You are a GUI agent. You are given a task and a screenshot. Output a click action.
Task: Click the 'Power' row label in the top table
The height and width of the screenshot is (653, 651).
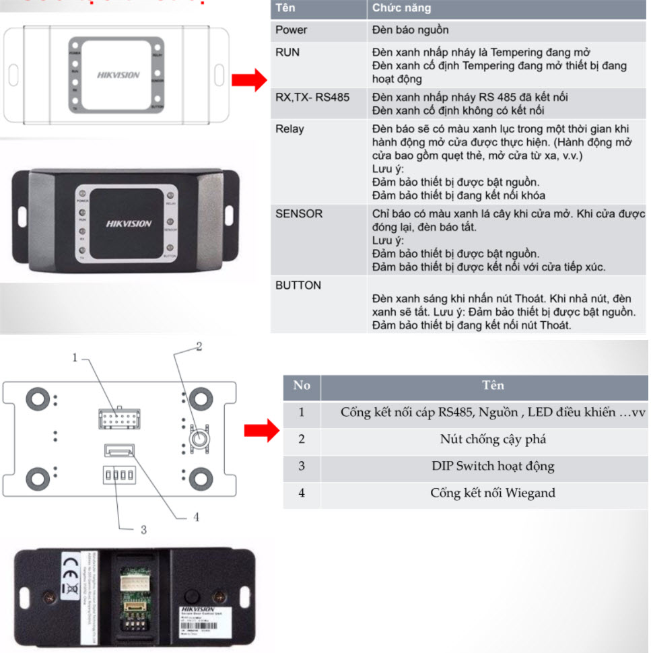click(x=291, y=30)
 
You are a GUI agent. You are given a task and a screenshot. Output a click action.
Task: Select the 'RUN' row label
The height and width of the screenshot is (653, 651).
click(x=287, y=52)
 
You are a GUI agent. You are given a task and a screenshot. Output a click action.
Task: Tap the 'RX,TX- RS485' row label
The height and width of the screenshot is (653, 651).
click(x=312, y=97)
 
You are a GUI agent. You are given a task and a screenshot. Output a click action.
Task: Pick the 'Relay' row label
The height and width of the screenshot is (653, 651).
click(x=289, y=129)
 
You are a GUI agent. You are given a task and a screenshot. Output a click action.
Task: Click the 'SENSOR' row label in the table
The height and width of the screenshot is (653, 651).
click(x=299, y=213)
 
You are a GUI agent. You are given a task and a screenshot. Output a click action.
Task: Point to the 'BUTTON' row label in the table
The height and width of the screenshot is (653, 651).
click(x=298, y=285)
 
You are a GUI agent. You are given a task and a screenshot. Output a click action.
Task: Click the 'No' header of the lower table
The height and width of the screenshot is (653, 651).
click(x=302, y=385)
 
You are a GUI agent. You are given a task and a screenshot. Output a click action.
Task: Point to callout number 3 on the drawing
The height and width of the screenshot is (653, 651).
click(x=143, y=530)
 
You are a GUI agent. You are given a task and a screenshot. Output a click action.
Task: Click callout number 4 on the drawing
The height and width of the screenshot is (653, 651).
click(x=196, y=517)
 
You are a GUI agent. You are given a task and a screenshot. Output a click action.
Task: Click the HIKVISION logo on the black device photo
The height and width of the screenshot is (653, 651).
click(x=129, y=224)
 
